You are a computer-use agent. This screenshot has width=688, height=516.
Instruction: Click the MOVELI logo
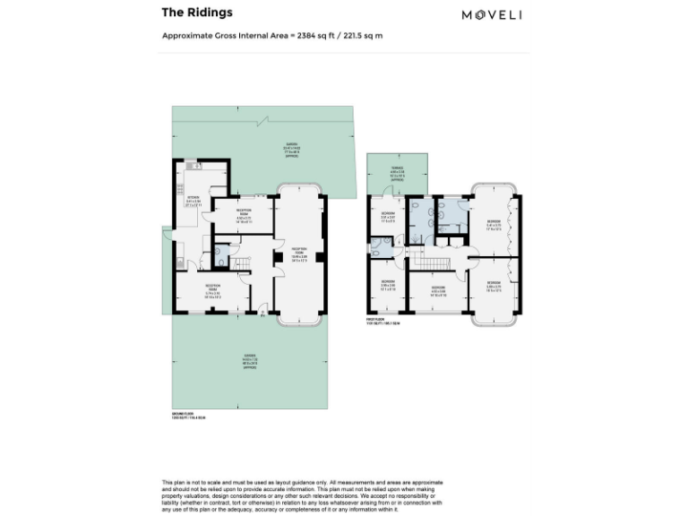coord(492,13)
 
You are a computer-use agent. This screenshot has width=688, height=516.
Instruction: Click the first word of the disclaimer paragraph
coord(168,482)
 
